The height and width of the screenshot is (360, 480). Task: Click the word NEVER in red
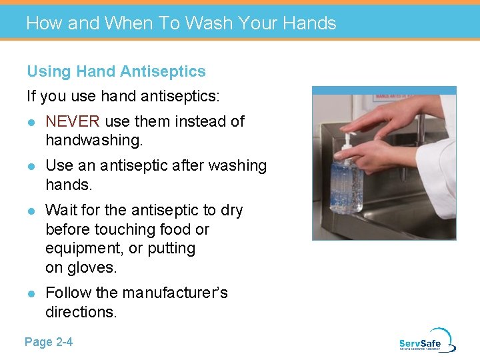[72, 121]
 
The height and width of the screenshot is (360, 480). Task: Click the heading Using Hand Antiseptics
[116, 71]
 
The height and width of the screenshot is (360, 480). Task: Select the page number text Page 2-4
[49, 342]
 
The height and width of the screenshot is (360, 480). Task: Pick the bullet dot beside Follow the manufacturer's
[31, 293]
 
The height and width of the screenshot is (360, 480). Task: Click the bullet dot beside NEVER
[31, 122]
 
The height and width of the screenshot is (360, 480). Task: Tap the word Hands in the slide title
[309, 23]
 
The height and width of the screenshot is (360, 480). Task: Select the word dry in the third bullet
[231, 211]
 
